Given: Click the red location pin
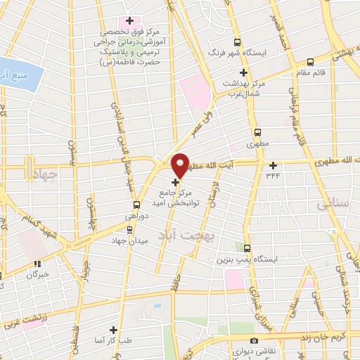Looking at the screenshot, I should [181, 165].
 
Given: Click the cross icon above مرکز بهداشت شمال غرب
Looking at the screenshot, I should [244, 73].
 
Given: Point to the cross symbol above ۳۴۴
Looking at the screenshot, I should [273, 166].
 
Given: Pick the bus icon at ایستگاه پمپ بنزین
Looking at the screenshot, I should [247, 248].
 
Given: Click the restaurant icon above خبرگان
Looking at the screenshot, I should [37, 264].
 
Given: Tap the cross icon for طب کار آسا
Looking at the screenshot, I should [113, 329].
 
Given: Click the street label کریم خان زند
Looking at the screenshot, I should [326, 335].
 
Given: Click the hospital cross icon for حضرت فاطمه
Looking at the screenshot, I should [129, 20].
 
